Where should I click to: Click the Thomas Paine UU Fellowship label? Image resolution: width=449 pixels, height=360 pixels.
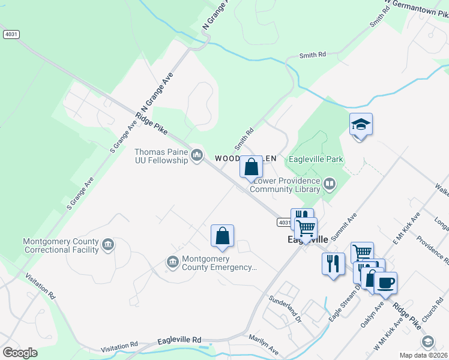(x=161, y=157)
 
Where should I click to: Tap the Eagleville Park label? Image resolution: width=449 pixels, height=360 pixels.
(x=315, y=159)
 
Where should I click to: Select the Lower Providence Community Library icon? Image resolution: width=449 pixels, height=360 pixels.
(x=329, y=184)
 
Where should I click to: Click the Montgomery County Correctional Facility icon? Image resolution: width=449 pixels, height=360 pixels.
(x=108, y=244)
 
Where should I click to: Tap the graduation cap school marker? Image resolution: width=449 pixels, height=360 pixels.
(x=361, y=125)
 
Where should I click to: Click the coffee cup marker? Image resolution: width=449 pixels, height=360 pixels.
(x=385, y=281)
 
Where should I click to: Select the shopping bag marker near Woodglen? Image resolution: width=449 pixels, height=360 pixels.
(x=252, y=167)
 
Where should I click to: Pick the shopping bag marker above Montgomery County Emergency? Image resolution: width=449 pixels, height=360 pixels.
(x=222, y=236)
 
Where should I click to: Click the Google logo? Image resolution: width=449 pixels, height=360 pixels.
(x=20, y=353)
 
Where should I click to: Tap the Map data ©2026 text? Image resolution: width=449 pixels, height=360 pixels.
(x=423, y=355)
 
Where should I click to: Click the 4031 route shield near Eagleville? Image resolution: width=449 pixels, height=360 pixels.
(x=285, y=223)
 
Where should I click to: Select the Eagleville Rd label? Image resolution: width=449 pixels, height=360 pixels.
(x=179, y=340)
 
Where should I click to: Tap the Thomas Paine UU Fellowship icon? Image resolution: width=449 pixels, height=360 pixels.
(x=196, y=157)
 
